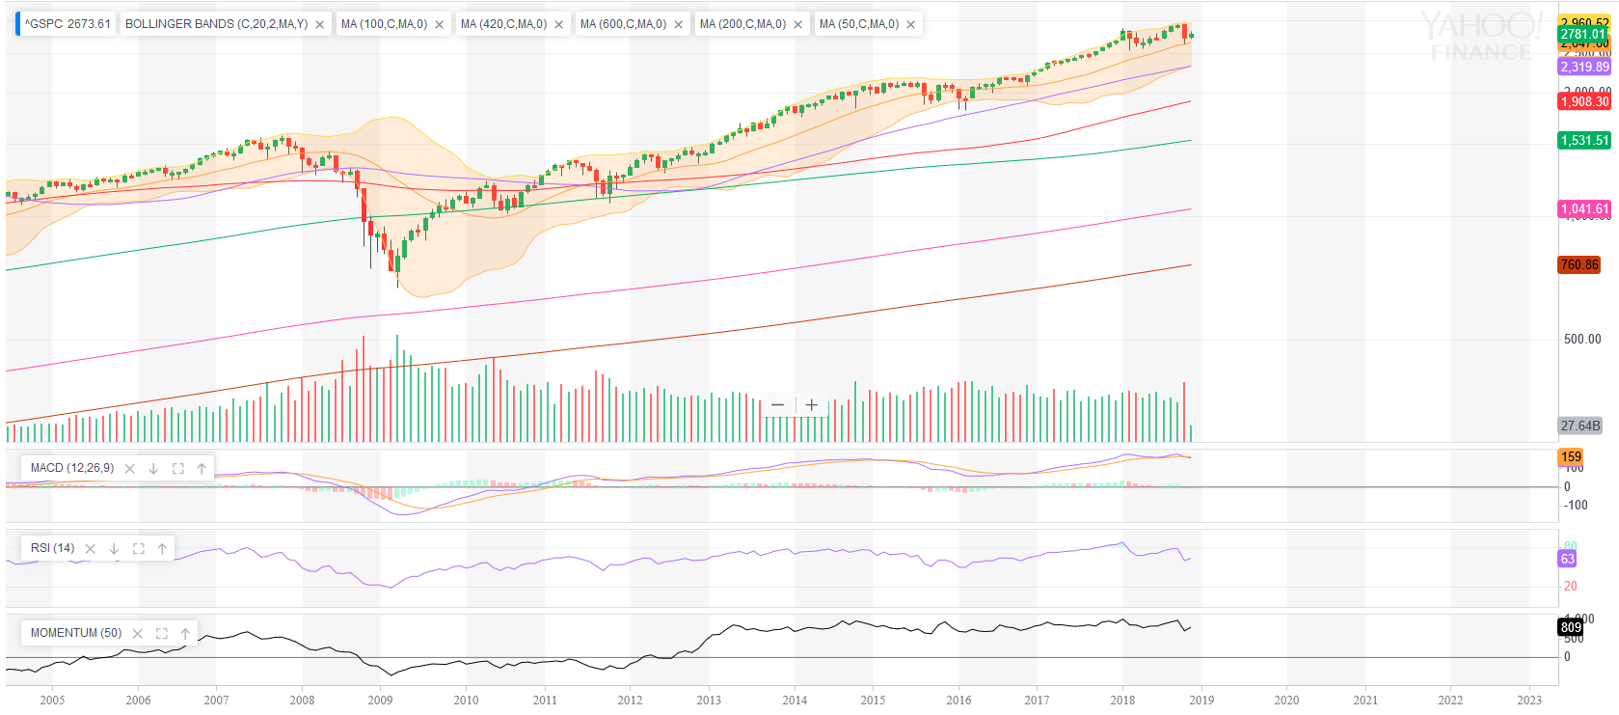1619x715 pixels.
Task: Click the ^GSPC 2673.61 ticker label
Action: tap(67, 24)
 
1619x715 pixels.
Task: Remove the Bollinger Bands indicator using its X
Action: tap(320, 25)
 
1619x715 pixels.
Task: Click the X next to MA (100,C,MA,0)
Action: tap(440, 25)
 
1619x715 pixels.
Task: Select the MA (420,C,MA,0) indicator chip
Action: tap(503, 24)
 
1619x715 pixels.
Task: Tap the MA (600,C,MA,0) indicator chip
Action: tap(623, 24)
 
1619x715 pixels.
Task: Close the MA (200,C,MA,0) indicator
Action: tap(798, 25)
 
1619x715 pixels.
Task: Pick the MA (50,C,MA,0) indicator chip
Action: tap(858, 24)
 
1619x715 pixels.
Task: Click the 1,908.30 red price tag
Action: tap(1584, 101)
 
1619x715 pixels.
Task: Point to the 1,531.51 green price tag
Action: tap(1584, 140)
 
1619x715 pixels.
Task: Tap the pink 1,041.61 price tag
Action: tap(1584, 208)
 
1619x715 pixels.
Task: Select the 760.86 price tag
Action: tap(1579, 264)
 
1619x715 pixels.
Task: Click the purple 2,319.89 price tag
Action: tap(1584, 67)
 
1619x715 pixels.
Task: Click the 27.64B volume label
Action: tap(1579, 426)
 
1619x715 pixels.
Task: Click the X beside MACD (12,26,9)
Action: tap(130, 469)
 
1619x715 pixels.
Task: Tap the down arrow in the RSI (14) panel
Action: tap(114, 549)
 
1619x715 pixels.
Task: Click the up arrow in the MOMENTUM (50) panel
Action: tap(185, 634)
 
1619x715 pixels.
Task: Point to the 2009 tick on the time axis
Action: tap(380, 700)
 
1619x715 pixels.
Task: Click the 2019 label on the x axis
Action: tap(1201, 700)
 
